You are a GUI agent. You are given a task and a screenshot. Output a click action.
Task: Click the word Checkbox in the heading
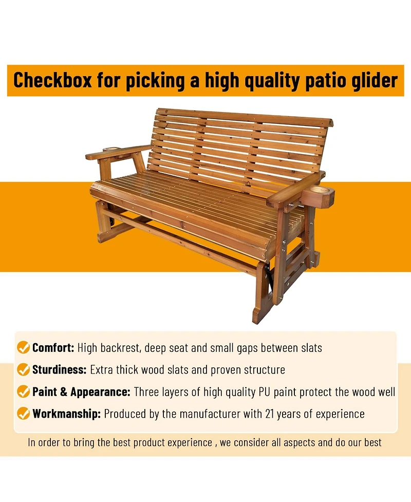(52, 80)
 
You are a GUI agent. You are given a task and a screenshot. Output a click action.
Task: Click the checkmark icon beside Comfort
(23, 347)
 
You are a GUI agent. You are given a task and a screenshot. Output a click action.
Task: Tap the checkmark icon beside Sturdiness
(23, 369)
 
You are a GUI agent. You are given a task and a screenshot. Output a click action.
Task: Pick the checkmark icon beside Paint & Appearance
(23, 391)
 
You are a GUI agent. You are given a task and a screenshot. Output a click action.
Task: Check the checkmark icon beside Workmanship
(23, 413)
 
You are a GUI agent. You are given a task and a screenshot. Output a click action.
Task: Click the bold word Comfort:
(53, 348)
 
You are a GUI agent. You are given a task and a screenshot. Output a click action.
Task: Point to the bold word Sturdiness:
(59, 370)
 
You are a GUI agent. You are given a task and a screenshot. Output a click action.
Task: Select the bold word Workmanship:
(67, 414)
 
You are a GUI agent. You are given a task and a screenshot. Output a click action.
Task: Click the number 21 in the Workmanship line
(270, 414)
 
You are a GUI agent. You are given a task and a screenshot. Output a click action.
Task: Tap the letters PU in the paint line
(265, 392)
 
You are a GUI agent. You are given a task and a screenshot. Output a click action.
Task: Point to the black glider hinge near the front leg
(270, 276)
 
